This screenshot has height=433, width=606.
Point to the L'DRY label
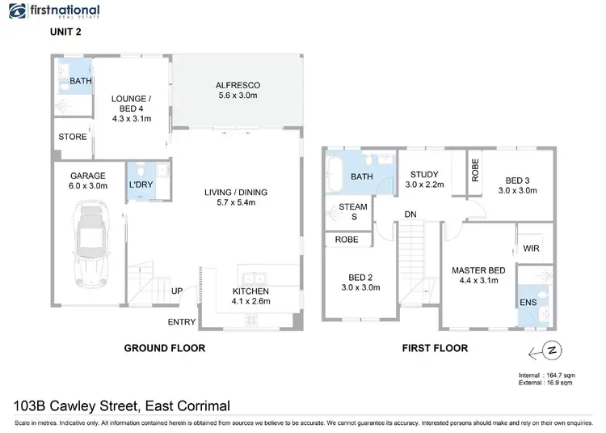(141, 185)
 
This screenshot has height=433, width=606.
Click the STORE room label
(72, 137)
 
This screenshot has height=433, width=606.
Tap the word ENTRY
(181, 322)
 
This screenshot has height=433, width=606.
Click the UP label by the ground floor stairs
(176, 291)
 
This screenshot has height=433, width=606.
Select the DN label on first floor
(411, 214)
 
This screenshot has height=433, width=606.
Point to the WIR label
(532, 248)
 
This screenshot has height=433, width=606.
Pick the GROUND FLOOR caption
(164, 348)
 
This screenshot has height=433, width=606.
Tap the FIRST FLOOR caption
(435, 348)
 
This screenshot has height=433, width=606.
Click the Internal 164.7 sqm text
(546, 376)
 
